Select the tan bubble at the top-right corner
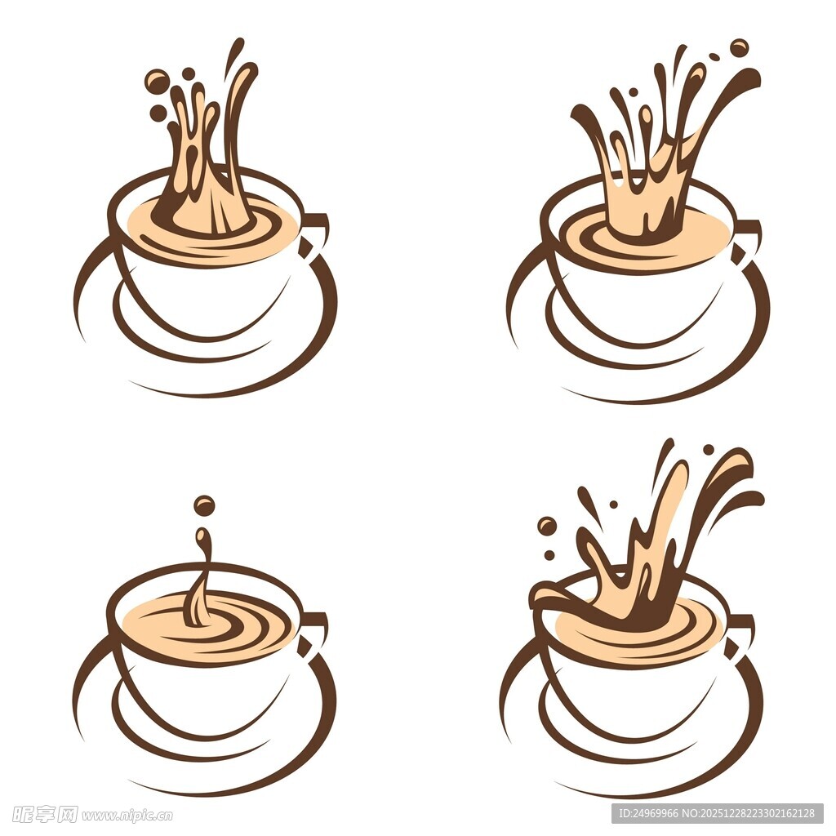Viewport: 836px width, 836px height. click(x=739, y=48)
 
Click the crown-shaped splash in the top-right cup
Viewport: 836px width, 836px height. click(x=656, y=154)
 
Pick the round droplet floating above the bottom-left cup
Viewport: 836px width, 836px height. click(x=204, y=505)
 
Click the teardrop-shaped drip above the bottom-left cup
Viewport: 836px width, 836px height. click(x=202, y=539)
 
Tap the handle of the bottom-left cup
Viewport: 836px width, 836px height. click(x=314, y=634)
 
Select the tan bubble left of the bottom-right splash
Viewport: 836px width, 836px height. click(x=546, y=527)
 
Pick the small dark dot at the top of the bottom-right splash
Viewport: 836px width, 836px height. click(x=708, y=450)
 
